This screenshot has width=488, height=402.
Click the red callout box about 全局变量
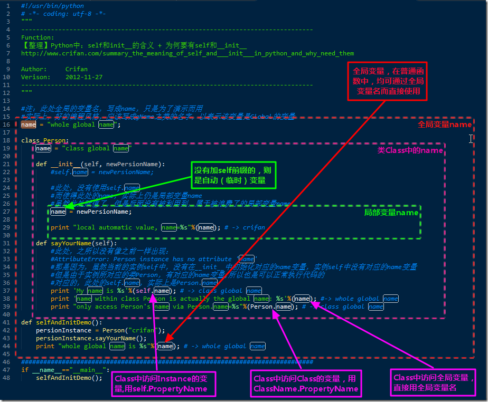(387, 81)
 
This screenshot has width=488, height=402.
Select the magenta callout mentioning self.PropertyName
(165, 384)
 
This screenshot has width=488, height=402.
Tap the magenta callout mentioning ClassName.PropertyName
(305, 384)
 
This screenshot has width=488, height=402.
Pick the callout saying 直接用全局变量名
(434, 382)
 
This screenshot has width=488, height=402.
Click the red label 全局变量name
(444, 125)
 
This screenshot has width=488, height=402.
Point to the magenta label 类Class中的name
(410, 150)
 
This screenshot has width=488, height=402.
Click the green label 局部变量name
(391, 213)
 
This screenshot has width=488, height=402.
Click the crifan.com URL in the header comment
(187, 53)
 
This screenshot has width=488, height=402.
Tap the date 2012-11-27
(84, 77)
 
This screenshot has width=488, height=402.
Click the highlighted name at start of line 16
(29, 125)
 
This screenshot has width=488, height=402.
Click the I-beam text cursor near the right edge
(471, 138)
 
